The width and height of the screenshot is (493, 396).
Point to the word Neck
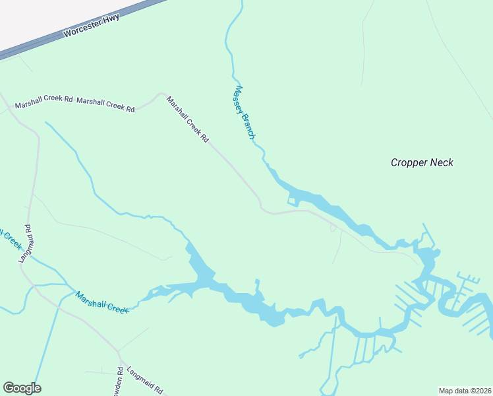click(x=442, y=162)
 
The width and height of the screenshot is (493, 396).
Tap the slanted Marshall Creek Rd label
click(x=188, y=119)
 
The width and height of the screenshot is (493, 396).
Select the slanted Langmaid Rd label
click(x=144, y=381)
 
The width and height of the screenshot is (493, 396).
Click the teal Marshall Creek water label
click(x=101, y=302)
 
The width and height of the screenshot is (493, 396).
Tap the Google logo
click(x=22, y=388)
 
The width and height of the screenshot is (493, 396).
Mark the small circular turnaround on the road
click(x=333, y=228)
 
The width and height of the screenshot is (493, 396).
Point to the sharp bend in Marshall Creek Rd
click(x=159, y=95)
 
